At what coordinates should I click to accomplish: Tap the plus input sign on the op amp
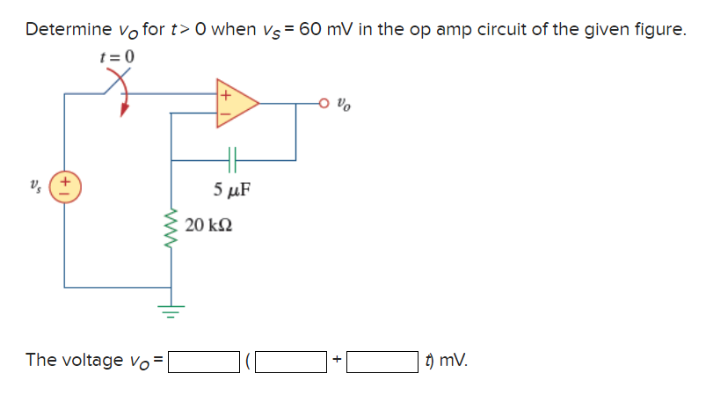(x=223, y=92)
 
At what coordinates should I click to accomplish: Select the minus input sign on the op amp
(x=223, y=113)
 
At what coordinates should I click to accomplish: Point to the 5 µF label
(x=232, y=188)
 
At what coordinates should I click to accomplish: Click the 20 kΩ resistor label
(x=208, y=226)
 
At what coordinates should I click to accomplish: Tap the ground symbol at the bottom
(x=171, y=309)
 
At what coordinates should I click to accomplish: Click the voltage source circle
(x=64, y=188)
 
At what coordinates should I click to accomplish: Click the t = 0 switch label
(x=117, y=58)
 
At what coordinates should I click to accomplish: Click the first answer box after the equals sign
(x=204, y=361)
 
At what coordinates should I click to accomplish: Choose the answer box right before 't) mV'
(x=382, y=361)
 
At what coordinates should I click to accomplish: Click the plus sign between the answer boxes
(x=337, y=361)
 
